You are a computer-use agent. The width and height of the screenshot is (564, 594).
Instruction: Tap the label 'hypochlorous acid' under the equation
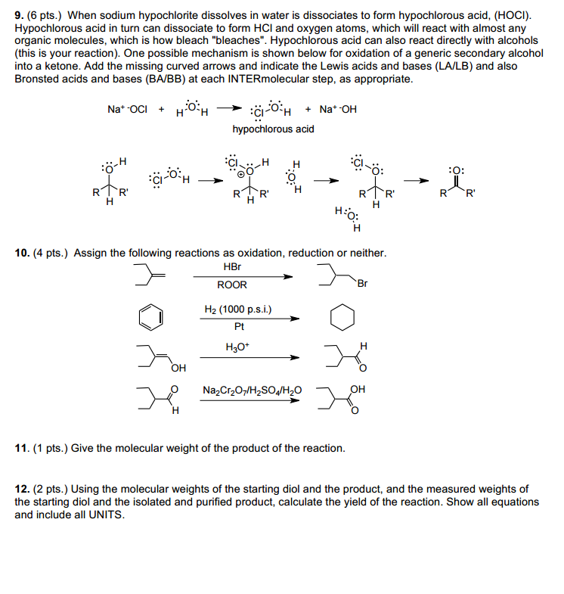[273, 129]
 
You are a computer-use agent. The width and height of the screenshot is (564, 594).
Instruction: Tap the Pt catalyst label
[239, 327]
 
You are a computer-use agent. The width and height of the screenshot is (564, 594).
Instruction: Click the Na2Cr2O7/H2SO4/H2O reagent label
[252, 390]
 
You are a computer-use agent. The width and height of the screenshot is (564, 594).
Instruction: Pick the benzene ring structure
[150, 317]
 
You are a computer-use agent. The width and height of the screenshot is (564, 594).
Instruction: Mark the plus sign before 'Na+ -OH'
[309, 109]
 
